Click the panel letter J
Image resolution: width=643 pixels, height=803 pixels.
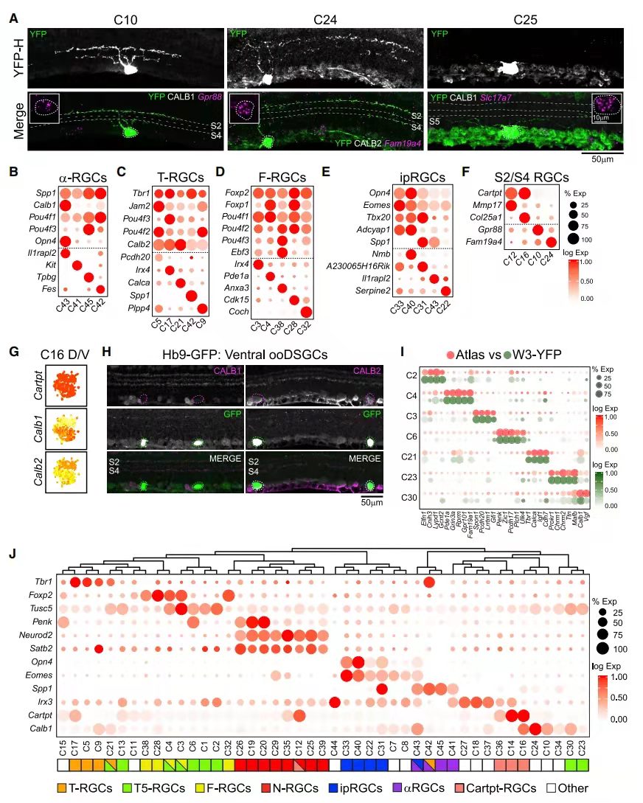click(x=14, y=554)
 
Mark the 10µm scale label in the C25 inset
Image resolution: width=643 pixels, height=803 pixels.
click(x=606, y=117)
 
